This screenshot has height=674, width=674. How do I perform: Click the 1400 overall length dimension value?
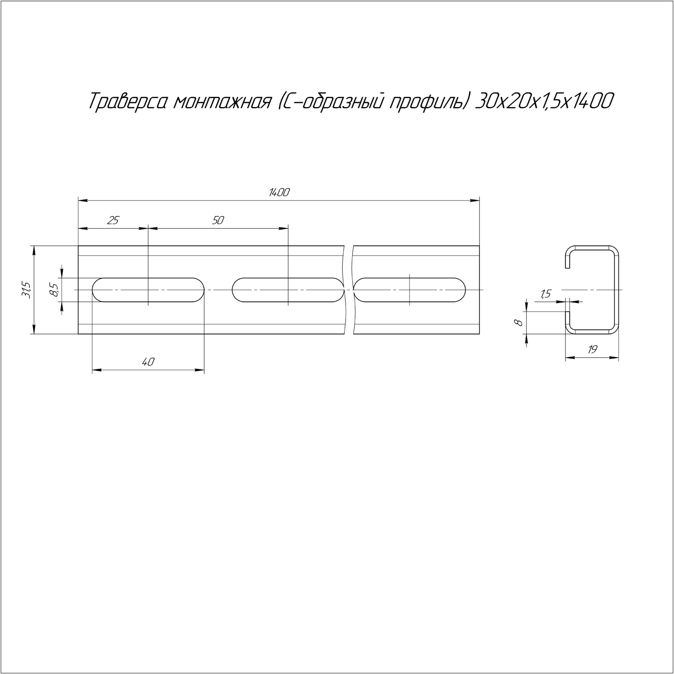coord(279,193)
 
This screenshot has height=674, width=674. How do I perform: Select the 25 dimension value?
coord(113,220)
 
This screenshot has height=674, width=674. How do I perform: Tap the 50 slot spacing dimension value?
coord(218,220)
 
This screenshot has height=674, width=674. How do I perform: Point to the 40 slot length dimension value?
coord(148,361)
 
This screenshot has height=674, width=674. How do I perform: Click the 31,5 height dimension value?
coord(27,290)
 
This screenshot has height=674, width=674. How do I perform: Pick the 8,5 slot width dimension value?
coord(53,290)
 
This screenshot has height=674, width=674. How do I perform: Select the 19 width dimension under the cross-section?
coord(592,349)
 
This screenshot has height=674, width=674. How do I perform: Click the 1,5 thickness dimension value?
coord(545,294)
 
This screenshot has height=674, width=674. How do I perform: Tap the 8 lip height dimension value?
coord(519,323)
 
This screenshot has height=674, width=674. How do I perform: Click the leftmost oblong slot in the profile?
coord(148,278)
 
